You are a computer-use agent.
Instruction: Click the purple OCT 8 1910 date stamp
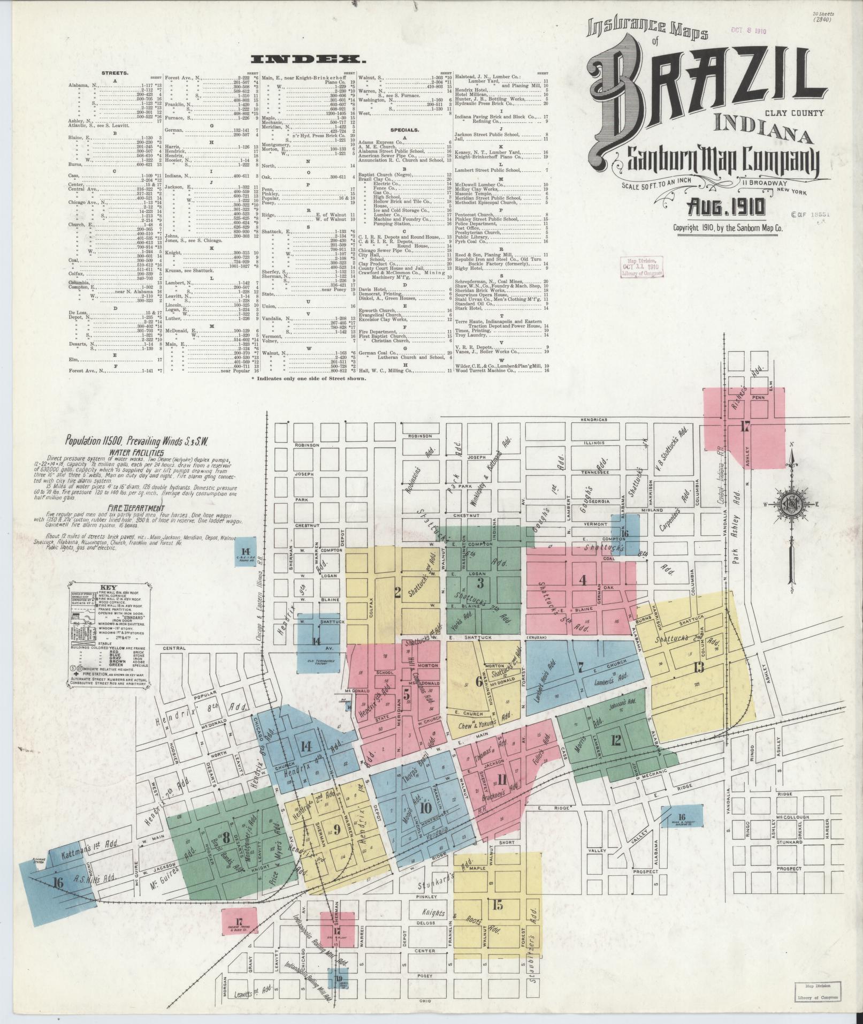(x=749, y=31)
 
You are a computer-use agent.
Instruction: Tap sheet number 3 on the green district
(x=480, y=582)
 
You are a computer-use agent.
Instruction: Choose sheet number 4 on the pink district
(x=583, y=579)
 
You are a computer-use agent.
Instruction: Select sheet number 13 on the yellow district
(x=698, y=667)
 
